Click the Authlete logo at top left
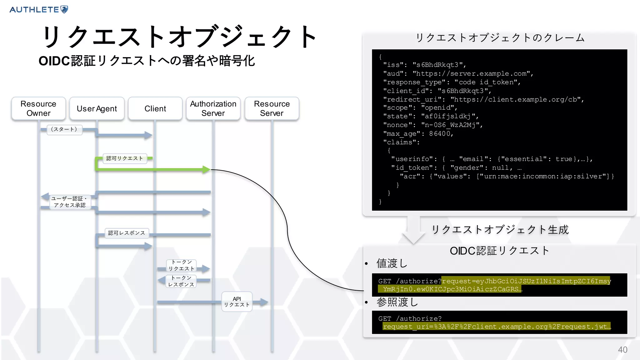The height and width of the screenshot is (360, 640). pyautogui.click(x=38, y=9)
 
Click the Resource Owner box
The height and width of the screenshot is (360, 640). pyautogui.click(x=38, y=108)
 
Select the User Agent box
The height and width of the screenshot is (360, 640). pyautogui.click(x=97, y=108)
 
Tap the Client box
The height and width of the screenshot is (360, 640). pyautogui.click(x=155, y=108)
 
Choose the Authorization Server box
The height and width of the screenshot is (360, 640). pyautogui.click(x=213, y=108)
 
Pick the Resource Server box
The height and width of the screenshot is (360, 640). pyautogui.click(x=272, y=108)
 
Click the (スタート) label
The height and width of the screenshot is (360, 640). pyautogui.click(x=64, y=129)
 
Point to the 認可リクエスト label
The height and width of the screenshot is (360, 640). pyautogui.click(x=125, y=158)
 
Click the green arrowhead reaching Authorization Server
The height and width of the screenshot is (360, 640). pyautogui.click(x=206, y=169)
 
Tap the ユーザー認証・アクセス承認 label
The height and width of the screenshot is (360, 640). pyautogui.click(x=70, y=202)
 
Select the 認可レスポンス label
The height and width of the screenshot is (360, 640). pyautogui.click(x=127, y=233)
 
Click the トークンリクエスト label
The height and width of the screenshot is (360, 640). pyautogui.click(x=181, y=265)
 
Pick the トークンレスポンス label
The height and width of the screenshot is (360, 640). pyautogui.click(x=181, y=281)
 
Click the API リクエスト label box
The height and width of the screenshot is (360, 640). pyautogui.click(x=237, y=302)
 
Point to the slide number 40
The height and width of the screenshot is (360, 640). pyautogui.click(x=622, y=349)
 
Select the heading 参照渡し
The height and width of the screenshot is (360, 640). pyautogui.click(x=397, y=302)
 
